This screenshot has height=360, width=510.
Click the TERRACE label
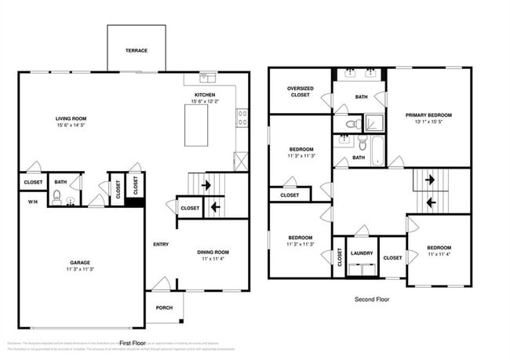click(x=136, y=50)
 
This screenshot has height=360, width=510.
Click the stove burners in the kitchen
click(x=242, y=118)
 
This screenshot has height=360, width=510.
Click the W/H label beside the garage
click(x=33, y=202)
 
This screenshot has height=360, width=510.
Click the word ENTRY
click(x=160, y=245)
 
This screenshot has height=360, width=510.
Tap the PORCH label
click(x=164, y=307)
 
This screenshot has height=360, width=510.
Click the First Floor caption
click(x=133, y=343)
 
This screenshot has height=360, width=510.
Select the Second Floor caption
click(x=372, y=299)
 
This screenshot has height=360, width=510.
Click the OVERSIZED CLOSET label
click(x=301, y=92)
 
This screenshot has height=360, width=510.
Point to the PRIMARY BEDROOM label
click(x=428, y=115)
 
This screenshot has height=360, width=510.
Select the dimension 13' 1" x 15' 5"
click(x=428, y=122)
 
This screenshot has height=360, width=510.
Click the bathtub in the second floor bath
click(x=379, y=149)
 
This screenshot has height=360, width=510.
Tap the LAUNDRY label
click(x=362, y=253)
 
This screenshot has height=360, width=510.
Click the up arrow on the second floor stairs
click(x=430, y=179)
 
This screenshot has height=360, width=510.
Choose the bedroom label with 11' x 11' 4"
click(x=439, y=248)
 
